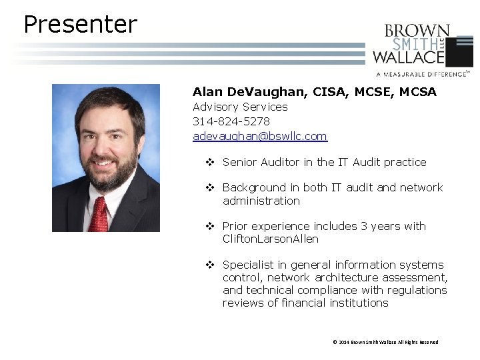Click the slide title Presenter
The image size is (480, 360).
pyautogui.click(x=80, y=25)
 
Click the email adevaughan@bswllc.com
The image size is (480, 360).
pyautogui.click(x=260, y=136)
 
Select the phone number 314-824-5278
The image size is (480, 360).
pyautogui.click(x=231, y=121)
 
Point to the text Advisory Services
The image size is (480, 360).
pyautogui.click(x=240, y=107)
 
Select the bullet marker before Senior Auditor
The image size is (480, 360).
pyautogui.click(x=209, y=162)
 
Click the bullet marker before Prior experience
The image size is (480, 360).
pyautogui.click(x=209, y=226)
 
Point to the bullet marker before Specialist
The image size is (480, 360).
pyautogui.click(x=209, y=265)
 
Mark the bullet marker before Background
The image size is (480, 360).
pyautogui.click(x=209, y=187)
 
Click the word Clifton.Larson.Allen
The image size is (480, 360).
pyautogui.click(x=271, y=239)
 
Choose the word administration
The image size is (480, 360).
pyautogui.click(x=261, y=201)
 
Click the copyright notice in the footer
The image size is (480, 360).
pyautogui.click(x=385, y=342)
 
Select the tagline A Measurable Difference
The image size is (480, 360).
pyautogui.click(x=421, y=74)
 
